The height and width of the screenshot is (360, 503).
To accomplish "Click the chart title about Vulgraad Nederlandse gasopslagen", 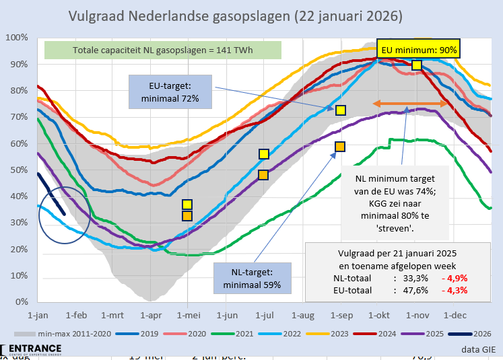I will point(236,15).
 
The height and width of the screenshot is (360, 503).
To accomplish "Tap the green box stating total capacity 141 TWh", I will point(162,50).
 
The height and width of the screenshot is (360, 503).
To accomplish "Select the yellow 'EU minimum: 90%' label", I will point(419,50).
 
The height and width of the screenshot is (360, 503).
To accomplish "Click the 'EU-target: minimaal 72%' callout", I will point(169,92).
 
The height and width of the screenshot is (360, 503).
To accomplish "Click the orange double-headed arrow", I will point(410,104).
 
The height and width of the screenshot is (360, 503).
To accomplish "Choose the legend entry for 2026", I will point(475,333).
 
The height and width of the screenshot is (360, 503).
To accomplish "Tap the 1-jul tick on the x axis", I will point(263,314).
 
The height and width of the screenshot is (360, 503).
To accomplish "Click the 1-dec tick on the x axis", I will point(455,314).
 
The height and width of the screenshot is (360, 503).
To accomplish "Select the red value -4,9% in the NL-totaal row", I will point(454,277).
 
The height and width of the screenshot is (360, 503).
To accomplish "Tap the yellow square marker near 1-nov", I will point(417,65).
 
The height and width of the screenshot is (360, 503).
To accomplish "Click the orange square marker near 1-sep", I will point(340,147).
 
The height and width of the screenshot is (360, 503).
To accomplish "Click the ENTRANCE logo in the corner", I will point(34,349).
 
